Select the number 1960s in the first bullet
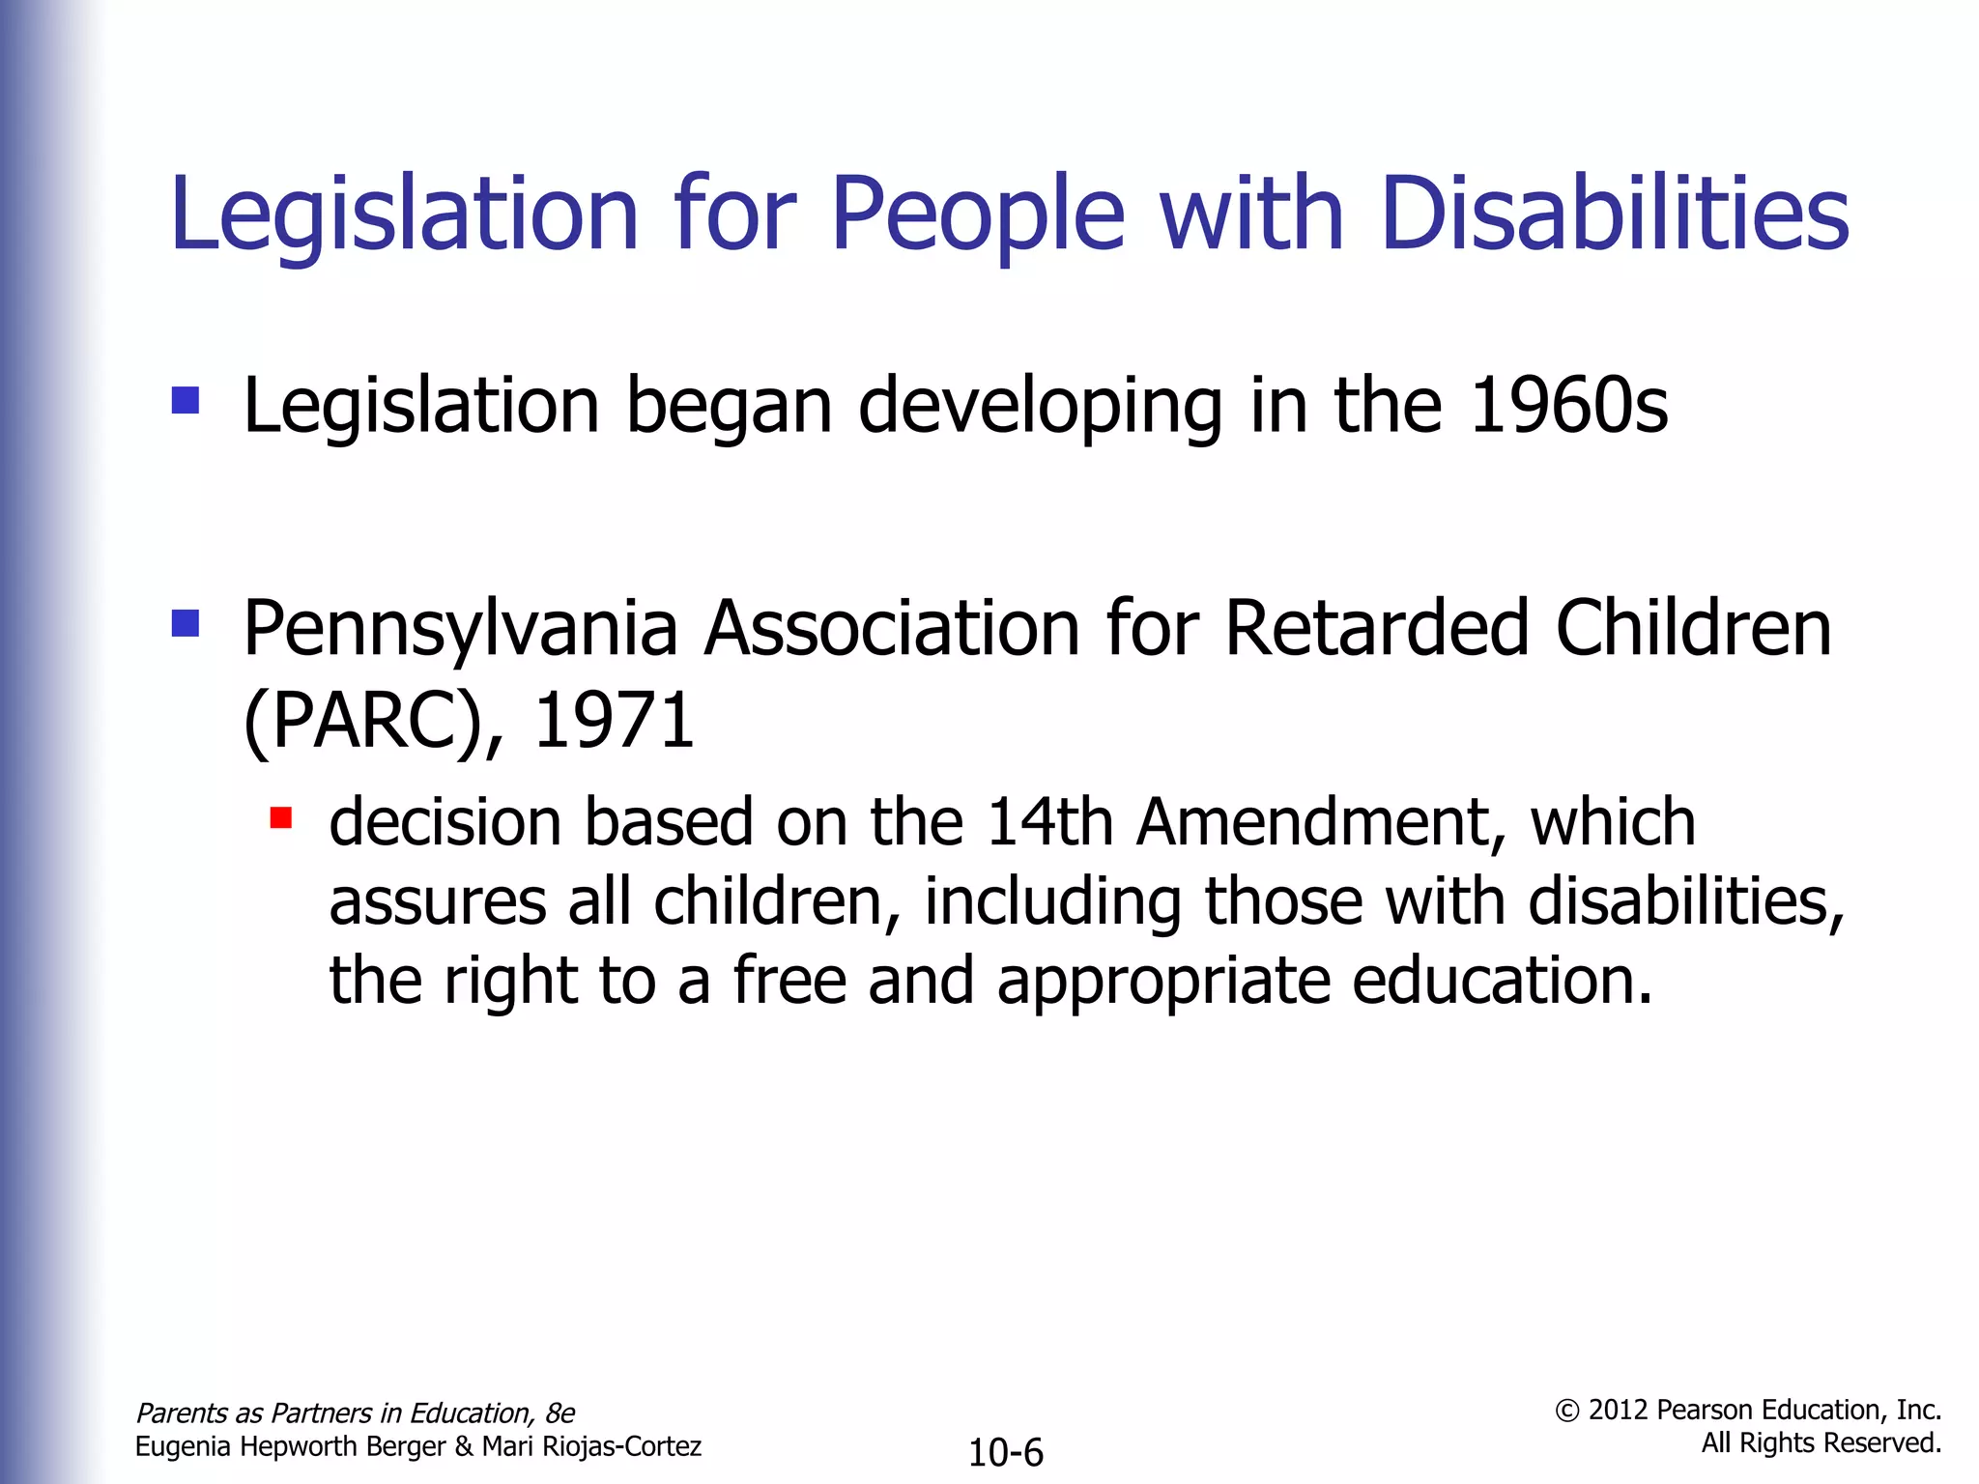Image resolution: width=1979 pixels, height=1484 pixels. point(1567,406)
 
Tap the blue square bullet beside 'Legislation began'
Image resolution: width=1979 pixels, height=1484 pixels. point(185,400)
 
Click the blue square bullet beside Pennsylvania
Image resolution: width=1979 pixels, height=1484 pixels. point(185,623)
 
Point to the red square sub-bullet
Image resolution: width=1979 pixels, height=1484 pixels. point(281,818)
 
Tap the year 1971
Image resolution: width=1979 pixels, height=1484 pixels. point(613,721)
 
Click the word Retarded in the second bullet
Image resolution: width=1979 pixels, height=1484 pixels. point(1377,628)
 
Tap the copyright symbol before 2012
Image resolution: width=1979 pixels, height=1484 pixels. point(1566,1412)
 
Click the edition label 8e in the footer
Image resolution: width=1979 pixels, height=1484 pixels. point(559,1413)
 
